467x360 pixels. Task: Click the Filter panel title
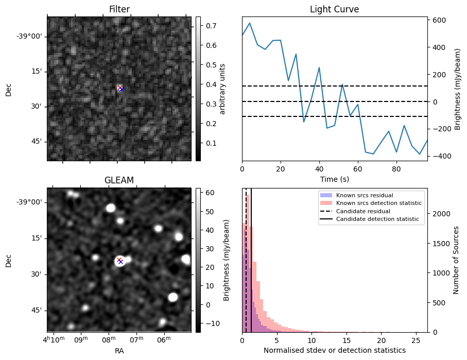tap(119, 9)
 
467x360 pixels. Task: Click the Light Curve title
tap(334, 9)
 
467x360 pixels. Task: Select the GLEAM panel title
tap(119, 180)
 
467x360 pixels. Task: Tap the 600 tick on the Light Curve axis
tap(439, 20)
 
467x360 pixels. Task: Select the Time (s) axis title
tap(334, 179)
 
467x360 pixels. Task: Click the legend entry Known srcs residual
tap(364, 196)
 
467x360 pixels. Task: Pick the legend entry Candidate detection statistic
tap(377, 219)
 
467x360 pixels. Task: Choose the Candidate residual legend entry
tap(363, 212)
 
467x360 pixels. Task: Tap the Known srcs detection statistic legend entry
tap(378, 203)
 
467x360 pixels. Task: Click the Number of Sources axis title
tap(457, 260)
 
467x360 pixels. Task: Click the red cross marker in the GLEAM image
tap(119, 260)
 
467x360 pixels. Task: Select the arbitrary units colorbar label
tap(222, 89)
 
